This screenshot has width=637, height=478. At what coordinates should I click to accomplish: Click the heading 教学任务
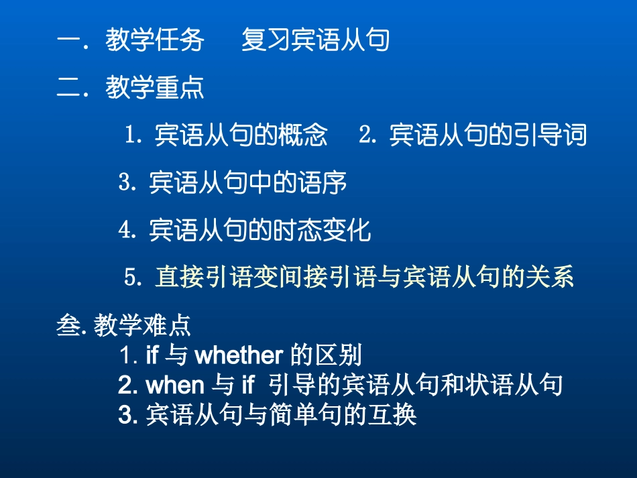pos(155,41)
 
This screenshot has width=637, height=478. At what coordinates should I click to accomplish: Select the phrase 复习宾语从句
pos(315,41)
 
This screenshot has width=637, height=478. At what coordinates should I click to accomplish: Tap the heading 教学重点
pos(155,88)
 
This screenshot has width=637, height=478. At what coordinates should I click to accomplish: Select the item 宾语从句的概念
pos(241,135)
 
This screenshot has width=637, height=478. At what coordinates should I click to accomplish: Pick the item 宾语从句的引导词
pos(488,135)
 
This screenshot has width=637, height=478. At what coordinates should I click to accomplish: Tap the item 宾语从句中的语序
pos(248,182)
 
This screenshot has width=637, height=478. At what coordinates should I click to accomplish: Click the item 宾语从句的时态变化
pos(260,230)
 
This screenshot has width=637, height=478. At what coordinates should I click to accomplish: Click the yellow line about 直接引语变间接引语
pos(364,278)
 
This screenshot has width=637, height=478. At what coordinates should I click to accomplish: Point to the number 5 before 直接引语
pos(131,278)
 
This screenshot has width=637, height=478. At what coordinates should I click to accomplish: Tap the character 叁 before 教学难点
pos(68,326)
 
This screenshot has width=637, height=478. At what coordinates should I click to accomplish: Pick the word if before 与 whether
pos(152,355)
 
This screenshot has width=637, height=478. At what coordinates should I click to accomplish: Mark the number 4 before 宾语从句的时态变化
pos(124,230)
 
